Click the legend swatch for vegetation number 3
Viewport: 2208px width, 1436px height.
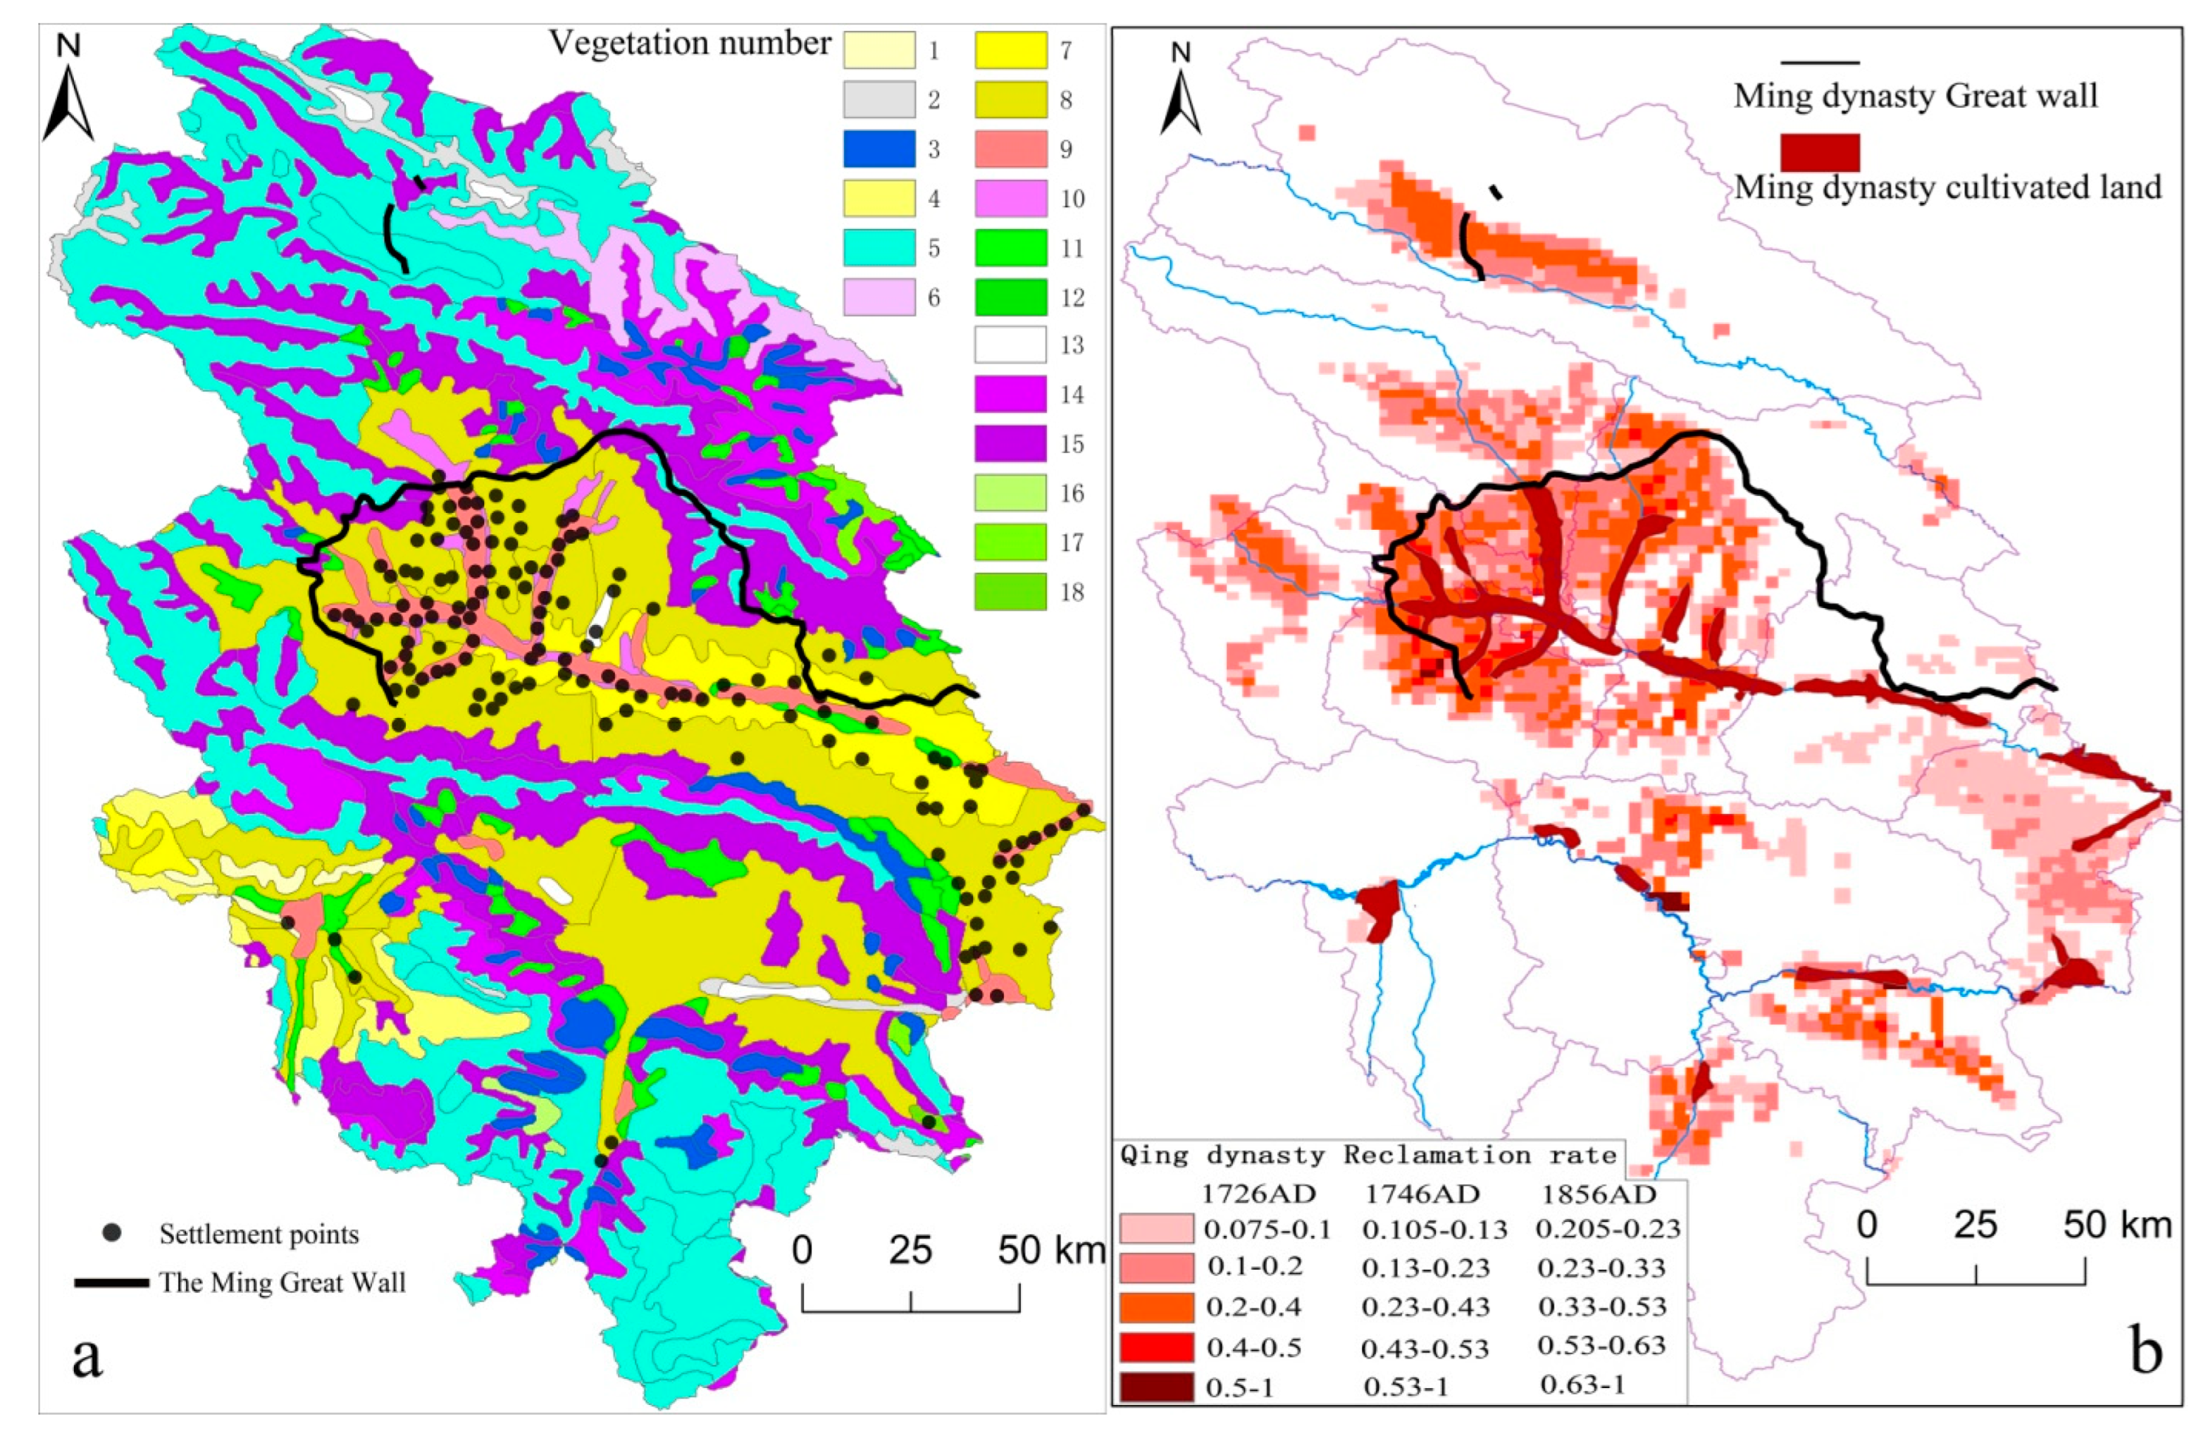879,149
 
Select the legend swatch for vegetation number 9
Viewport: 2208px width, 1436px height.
1010,149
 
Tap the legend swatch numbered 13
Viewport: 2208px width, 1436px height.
1010,345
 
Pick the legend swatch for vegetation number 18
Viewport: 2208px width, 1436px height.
1010,592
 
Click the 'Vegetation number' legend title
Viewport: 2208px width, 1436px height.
690,43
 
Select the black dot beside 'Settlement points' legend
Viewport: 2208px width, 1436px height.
113,1233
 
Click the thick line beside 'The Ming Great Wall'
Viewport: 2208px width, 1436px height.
111,1284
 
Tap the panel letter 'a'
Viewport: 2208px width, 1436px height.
87,1357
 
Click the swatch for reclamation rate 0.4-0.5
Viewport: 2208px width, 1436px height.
1156,1346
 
